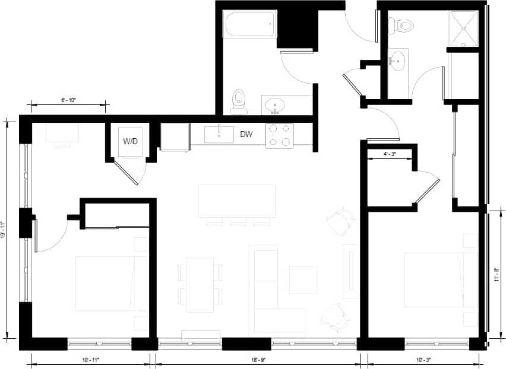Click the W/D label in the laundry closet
[129, 142]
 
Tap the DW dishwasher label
[246, 135]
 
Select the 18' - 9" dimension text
[258, 360]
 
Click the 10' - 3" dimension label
[423, 360]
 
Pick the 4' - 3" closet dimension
[389, 153]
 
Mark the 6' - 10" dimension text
[69, 100]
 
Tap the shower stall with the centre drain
[463, 28]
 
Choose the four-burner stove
[279, 135]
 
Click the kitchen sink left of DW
[220, 134]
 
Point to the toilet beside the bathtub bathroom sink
[239, 101]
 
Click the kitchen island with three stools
[237, 201]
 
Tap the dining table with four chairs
[200, 285]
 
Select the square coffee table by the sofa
[303, 280]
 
